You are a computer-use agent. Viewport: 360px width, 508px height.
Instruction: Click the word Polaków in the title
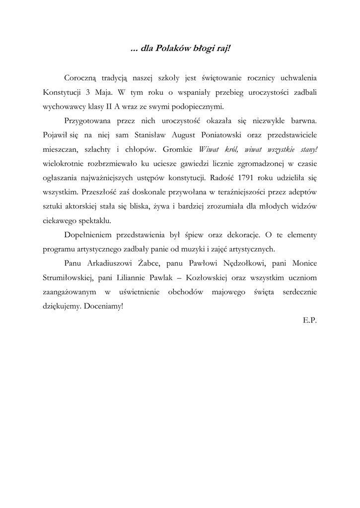(x=171, y=49)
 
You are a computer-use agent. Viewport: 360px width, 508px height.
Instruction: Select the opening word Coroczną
(x=82, y=78)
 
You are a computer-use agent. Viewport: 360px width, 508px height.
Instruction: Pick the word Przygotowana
(x=87, y=120)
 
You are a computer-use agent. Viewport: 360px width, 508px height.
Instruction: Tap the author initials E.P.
(x=309, y=320)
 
